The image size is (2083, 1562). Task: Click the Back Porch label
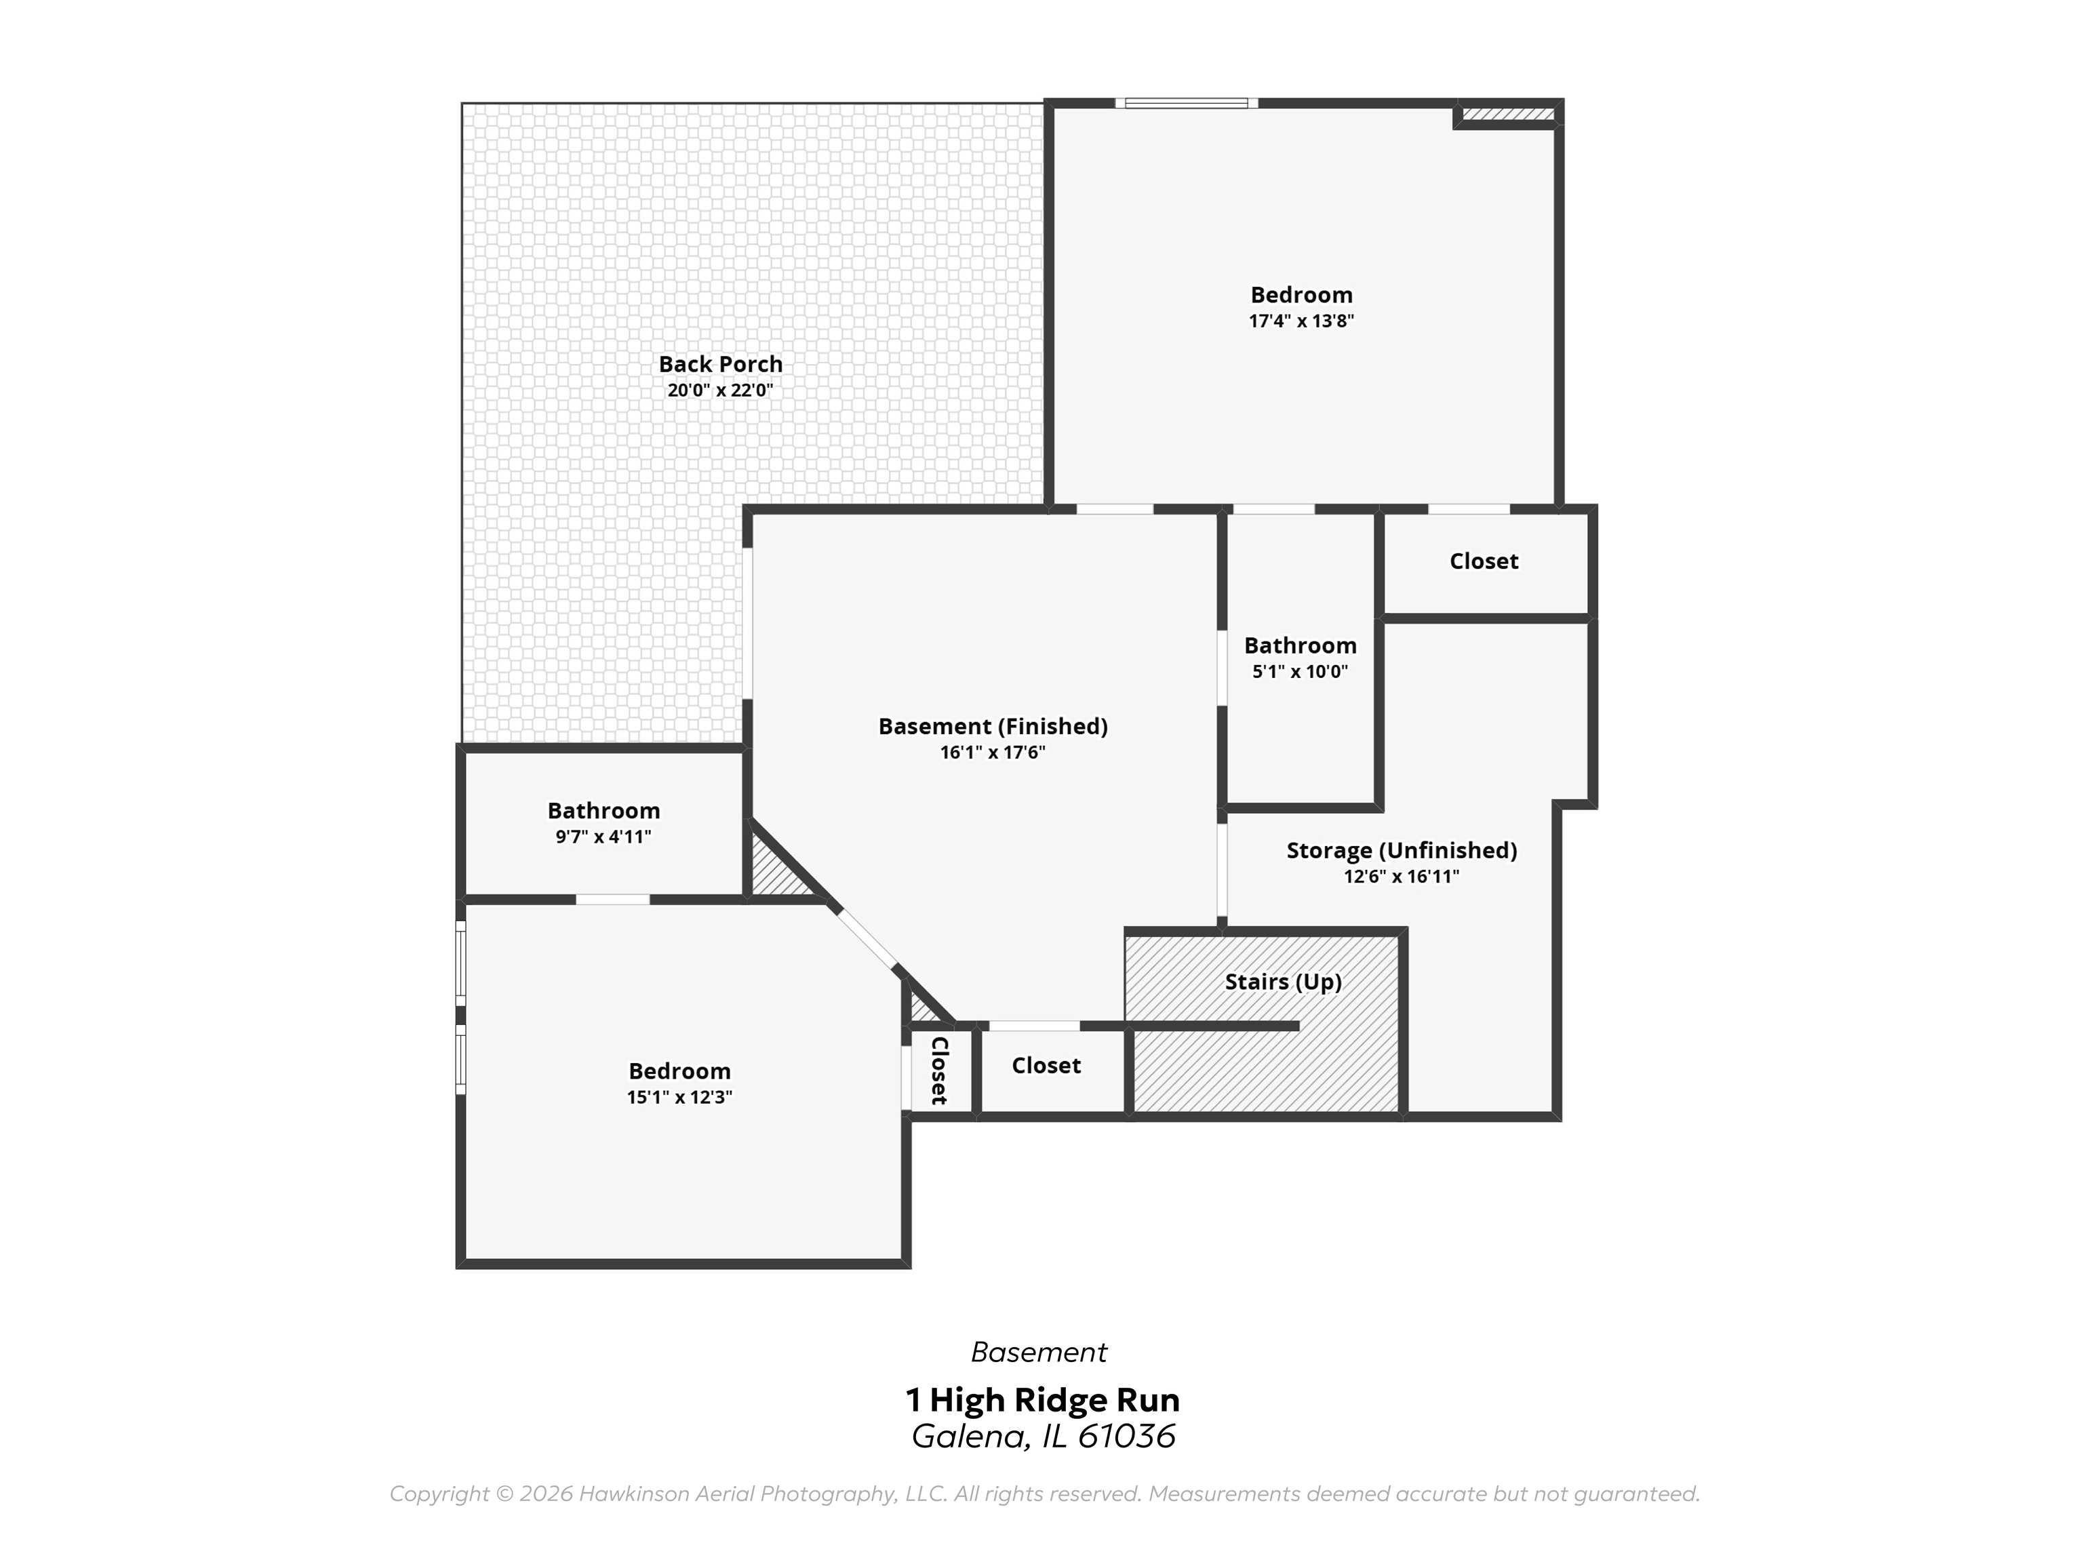tap(720, 364)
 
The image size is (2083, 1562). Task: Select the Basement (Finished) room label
tap(993, 727)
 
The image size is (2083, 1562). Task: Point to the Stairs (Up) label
tap(1283, 982)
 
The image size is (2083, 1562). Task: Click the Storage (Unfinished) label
tap(1402, 851)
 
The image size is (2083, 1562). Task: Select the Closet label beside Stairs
tap(1046, 1066)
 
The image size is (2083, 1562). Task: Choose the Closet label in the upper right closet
tap(1483, 562)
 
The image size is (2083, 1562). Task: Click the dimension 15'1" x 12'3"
tap(679, 1098)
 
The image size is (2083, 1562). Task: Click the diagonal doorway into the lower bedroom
tap(865, 937)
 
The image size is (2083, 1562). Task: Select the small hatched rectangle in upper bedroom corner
tap(1507, 114)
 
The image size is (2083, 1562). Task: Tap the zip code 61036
tap(1126, 1437)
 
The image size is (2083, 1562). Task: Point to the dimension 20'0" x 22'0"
tap(720, 390)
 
